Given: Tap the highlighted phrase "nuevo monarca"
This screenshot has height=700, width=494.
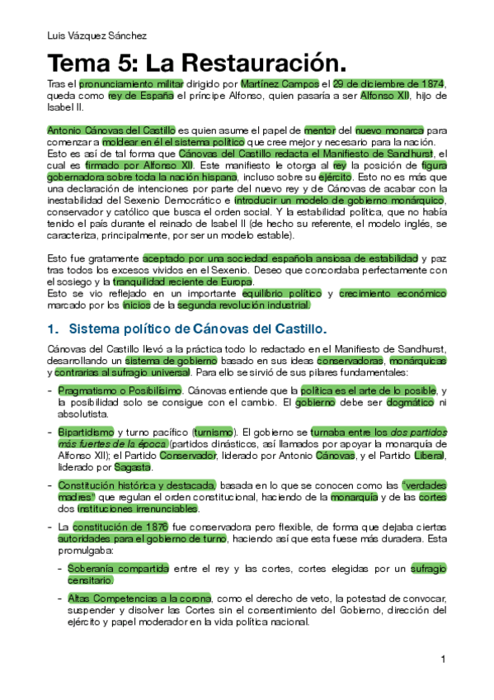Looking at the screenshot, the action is [389, 130].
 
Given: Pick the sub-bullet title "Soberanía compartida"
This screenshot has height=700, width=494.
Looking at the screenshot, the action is [118, 568].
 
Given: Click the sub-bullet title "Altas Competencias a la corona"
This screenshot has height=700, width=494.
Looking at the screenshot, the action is [139, 598].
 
